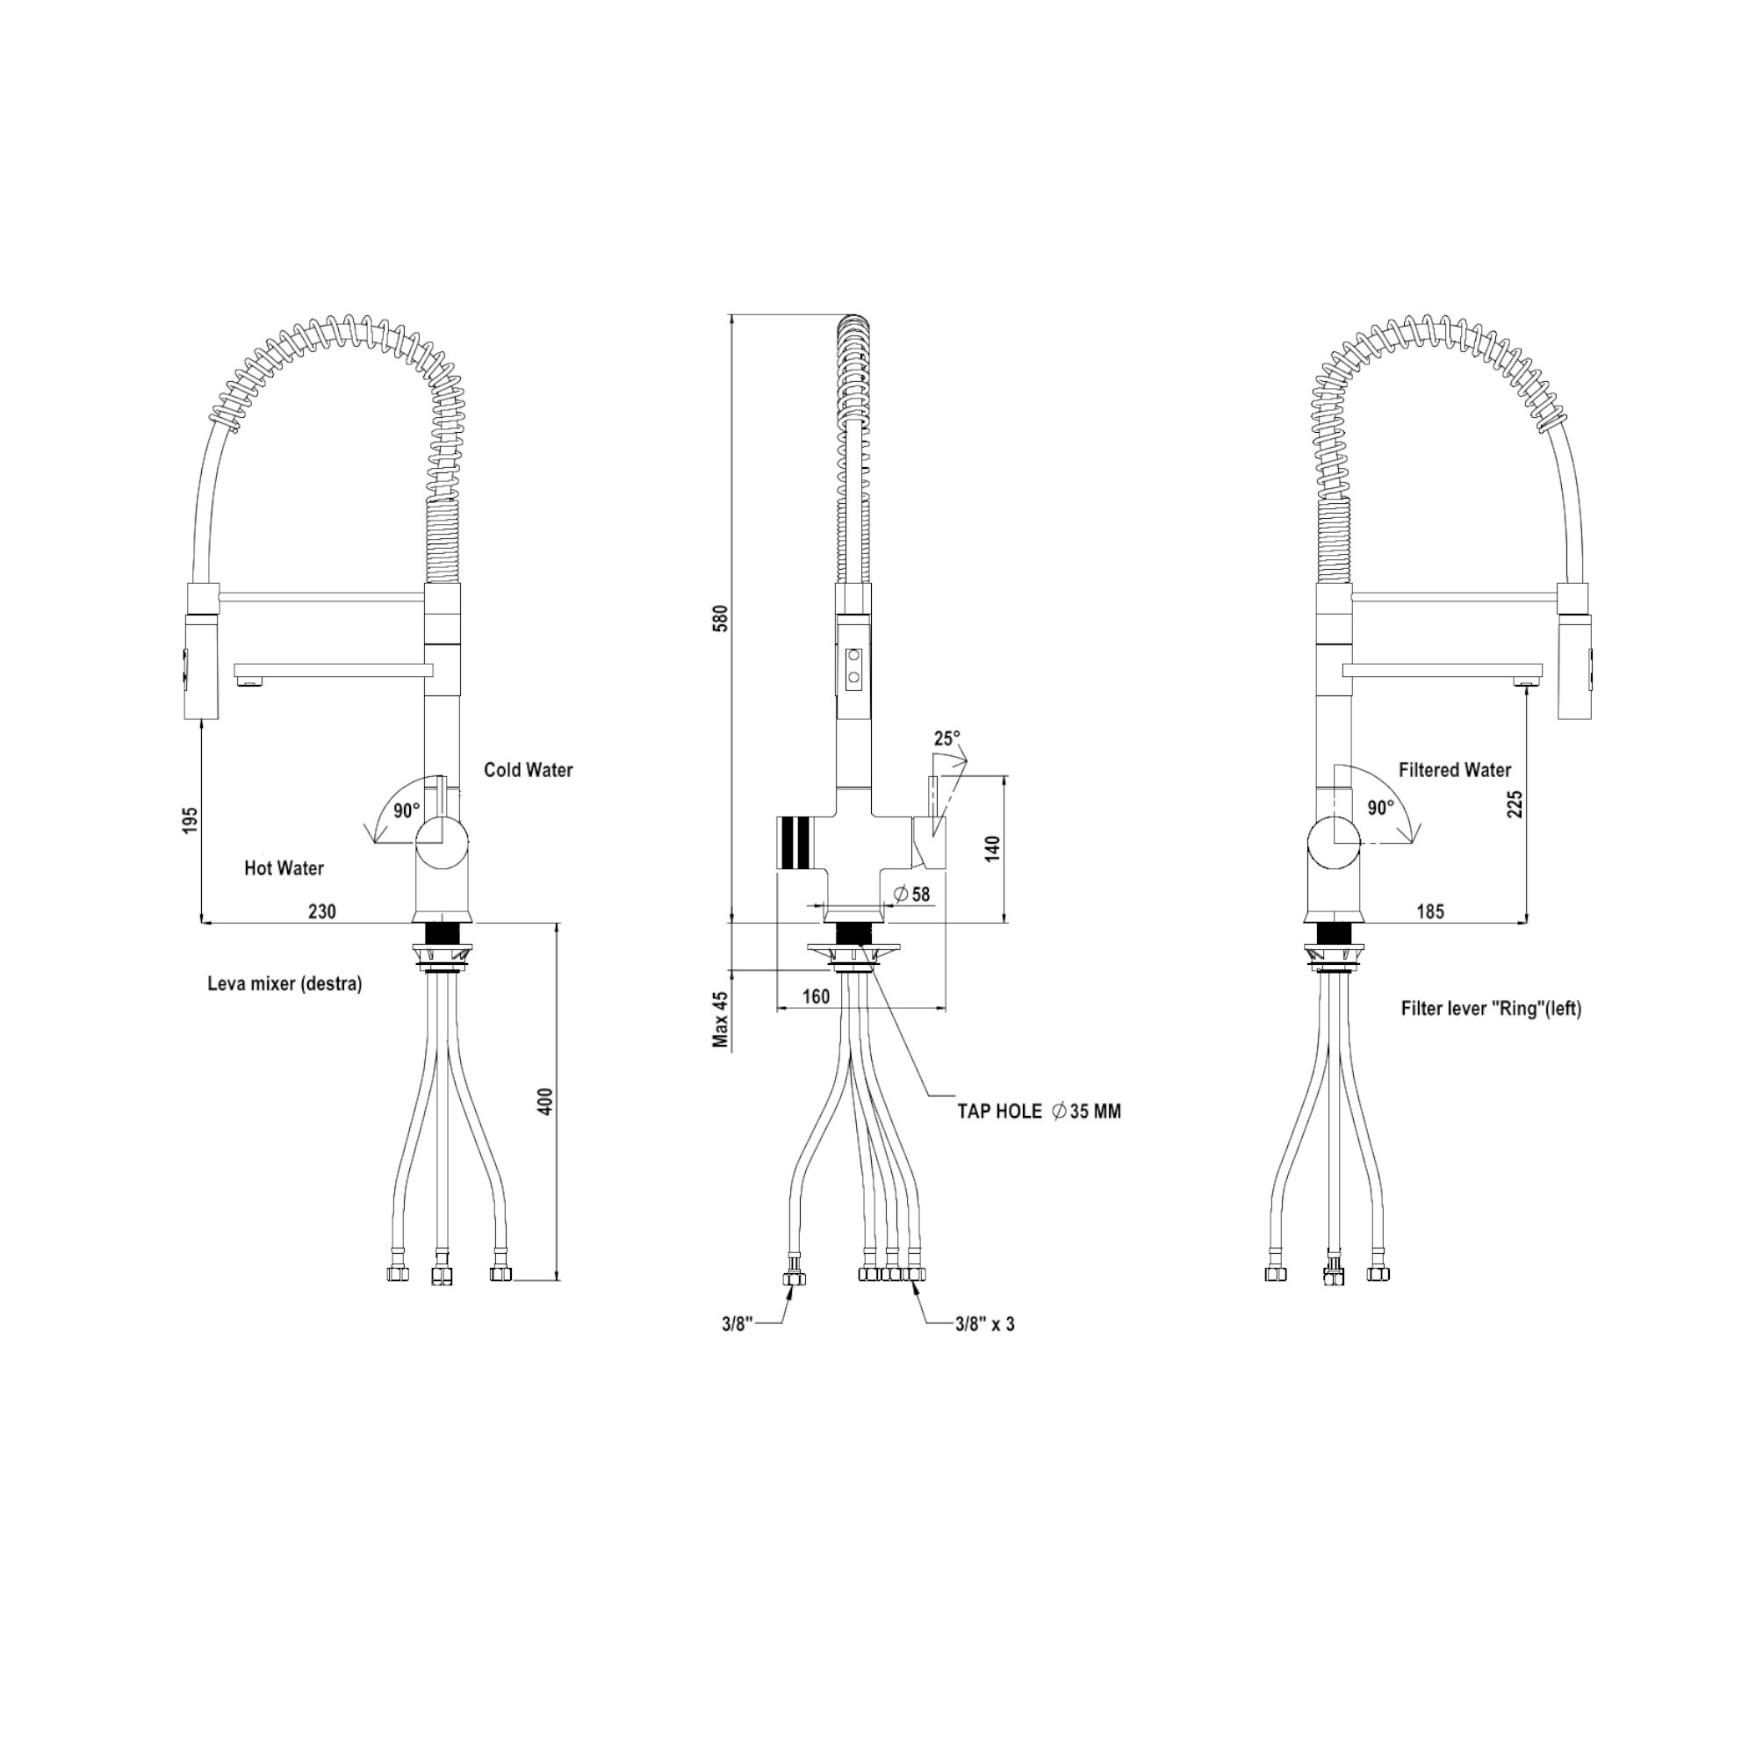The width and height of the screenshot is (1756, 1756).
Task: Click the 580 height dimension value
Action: coord(722,617)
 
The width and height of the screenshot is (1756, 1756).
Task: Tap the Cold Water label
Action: coord(528,770)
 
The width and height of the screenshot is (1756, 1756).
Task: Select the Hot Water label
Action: coord(284,868)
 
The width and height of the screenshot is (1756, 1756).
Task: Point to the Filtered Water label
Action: coord(1454,770)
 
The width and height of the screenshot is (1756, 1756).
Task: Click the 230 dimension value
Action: coord(321,910)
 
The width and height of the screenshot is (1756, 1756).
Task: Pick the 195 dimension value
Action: coord(190,820)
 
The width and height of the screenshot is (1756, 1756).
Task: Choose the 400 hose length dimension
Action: coord(545,1102)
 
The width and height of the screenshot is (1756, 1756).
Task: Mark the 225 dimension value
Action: coord(1515,804)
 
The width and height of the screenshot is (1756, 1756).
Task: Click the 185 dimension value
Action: coord(1429,910)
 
